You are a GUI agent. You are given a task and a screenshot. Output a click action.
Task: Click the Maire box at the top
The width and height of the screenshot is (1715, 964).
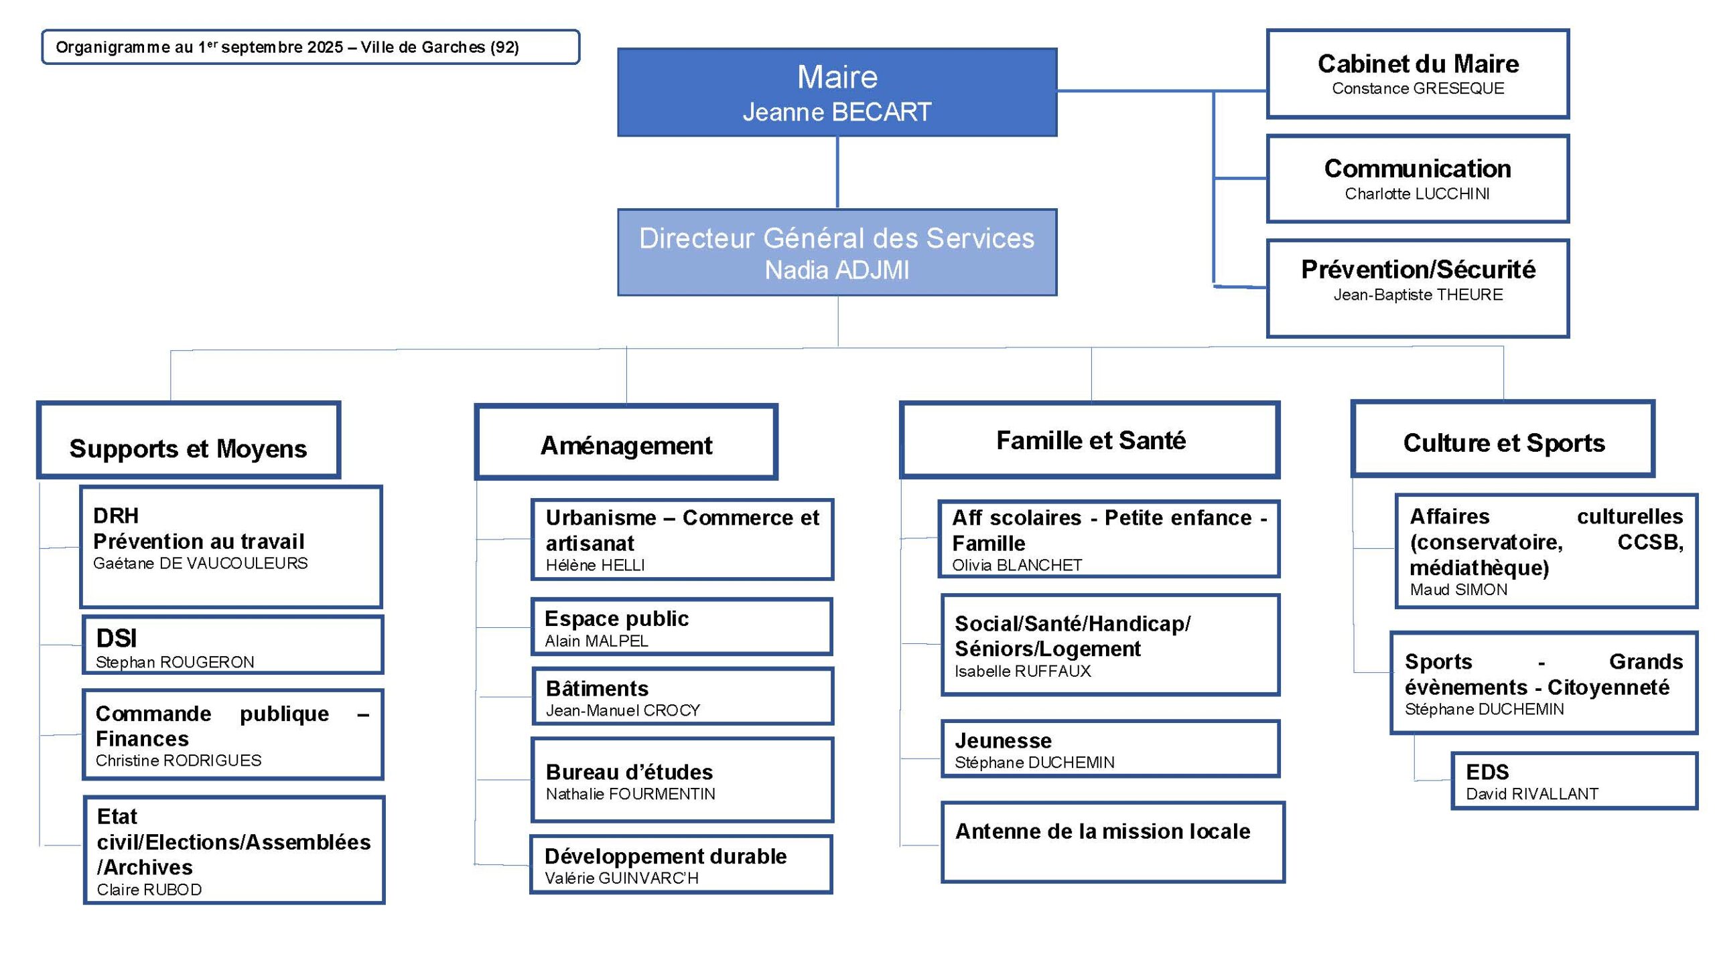(837, 92)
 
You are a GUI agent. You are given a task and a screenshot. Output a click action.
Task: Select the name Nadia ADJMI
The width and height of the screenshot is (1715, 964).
(837, 270)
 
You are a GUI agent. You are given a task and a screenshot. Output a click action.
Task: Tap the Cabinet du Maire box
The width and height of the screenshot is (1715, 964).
(1418, 74)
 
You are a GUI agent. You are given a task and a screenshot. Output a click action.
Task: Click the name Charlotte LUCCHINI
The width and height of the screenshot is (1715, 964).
(1417, 194)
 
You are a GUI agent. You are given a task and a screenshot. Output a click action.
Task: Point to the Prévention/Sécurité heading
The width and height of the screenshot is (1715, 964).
(1418, 269)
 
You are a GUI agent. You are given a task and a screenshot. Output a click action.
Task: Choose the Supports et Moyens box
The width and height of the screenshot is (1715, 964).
(188, 440)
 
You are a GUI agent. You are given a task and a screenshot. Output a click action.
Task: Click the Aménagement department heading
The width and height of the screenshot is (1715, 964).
(626, 445)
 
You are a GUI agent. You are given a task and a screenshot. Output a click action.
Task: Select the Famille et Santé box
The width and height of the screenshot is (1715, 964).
(1090, 440)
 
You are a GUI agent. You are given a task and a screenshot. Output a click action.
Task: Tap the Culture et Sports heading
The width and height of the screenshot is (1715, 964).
(1503, 443)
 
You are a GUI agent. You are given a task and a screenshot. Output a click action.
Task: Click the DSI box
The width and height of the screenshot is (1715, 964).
(232, 645)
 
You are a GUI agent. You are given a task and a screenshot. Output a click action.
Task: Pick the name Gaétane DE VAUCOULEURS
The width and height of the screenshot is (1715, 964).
(200, 564)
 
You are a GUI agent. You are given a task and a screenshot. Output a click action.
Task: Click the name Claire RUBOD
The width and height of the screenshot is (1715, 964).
(149, 890)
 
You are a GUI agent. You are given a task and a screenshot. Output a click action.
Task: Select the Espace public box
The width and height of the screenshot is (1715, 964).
(681, 627)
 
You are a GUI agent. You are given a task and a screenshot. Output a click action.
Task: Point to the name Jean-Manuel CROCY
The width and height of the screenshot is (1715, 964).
(622, 710)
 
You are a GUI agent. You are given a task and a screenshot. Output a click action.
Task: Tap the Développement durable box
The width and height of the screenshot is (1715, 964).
(681, 864)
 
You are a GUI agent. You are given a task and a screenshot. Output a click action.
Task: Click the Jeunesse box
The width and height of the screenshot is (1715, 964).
(1110, 749)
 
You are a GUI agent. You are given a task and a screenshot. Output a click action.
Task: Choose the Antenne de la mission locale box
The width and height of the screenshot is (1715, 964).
(1112, 842)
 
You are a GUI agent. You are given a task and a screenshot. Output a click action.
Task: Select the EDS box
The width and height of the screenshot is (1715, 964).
(1574, 781)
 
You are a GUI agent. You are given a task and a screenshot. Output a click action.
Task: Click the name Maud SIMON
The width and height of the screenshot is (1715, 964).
(1458, 590)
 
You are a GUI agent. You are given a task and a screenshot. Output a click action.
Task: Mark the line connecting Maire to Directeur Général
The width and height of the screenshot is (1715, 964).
(837, 173)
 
